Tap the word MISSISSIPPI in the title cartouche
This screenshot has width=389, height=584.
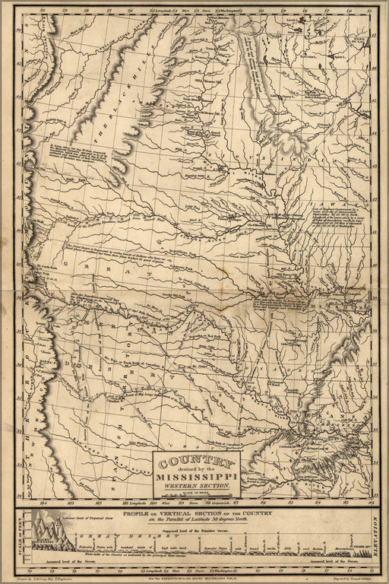197,477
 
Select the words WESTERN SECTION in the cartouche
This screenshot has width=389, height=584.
197,485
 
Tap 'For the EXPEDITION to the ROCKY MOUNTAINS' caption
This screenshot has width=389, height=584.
194,577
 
